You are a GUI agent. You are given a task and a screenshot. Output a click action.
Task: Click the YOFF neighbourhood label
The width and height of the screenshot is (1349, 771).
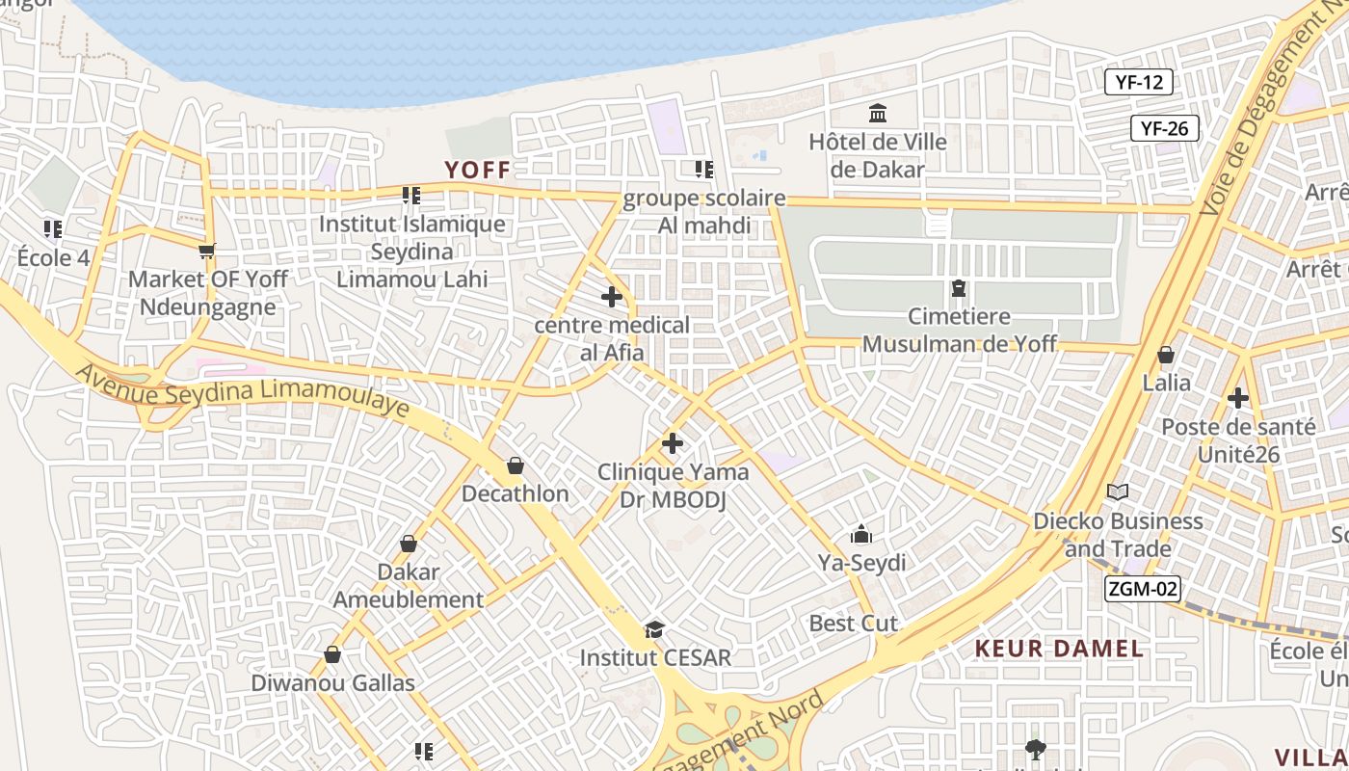click(x=477, y=171)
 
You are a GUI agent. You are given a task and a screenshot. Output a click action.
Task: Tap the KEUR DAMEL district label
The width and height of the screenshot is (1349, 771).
click(x=1059, y=649)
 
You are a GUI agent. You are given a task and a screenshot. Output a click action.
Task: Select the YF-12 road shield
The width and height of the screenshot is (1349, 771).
click(x=1139, y=82)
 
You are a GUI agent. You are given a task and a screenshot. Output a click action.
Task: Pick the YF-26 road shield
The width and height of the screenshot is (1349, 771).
click(x=1164, y=128)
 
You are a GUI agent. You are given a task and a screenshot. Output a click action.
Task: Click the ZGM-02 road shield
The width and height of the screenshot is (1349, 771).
click(x=1143, y=589)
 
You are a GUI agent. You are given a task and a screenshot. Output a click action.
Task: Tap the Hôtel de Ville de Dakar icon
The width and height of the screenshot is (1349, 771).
click(x=878, y=114)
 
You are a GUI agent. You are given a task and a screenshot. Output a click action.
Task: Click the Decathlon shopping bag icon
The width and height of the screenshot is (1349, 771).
click(x=516, y=466)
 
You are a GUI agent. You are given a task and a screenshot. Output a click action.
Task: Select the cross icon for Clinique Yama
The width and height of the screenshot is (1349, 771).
click(x=673, y=443)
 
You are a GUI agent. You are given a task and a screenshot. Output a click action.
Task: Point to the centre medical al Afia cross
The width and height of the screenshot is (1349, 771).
click(x=612, y=297)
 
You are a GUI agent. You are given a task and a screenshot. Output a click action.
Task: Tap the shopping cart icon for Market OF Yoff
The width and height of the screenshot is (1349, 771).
click(x=206, y=251)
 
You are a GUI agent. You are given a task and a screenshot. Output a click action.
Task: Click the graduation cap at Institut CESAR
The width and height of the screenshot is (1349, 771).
click(x=655, y=630)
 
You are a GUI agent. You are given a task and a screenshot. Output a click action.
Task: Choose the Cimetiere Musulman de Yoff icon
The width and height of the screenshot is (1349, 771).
click(x=959, y=288)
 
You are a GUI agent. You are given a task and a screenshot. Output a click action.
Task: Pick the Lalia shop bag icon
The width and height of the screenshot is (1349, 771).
click(x=1166, y=355)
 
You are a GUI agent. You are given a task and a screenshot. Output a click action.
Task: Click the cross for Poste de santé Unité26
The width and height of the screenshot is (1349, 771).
click(x=1238, y=397)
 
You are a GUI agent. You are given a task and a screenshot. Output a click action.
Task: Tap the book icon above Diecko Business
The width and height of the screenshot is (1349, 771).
click(x=1118, y=492)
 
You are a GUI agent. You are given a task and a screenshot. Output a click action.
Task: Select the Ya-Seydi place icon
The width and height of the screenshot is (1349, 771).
click(x=861, y=534)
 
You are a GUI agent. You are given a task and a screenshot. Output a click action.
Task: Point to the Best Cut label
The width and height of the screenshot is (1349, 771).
click(x=853, y=624)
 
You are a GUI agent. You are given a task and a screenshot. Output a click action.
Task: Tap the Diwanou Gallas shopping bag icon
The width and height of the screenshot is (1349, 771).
click(x=332, y=655)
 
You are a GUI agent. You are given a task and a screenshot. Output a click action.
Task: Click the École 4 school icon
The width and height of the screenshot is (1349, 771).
click(x=53, y=229)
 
